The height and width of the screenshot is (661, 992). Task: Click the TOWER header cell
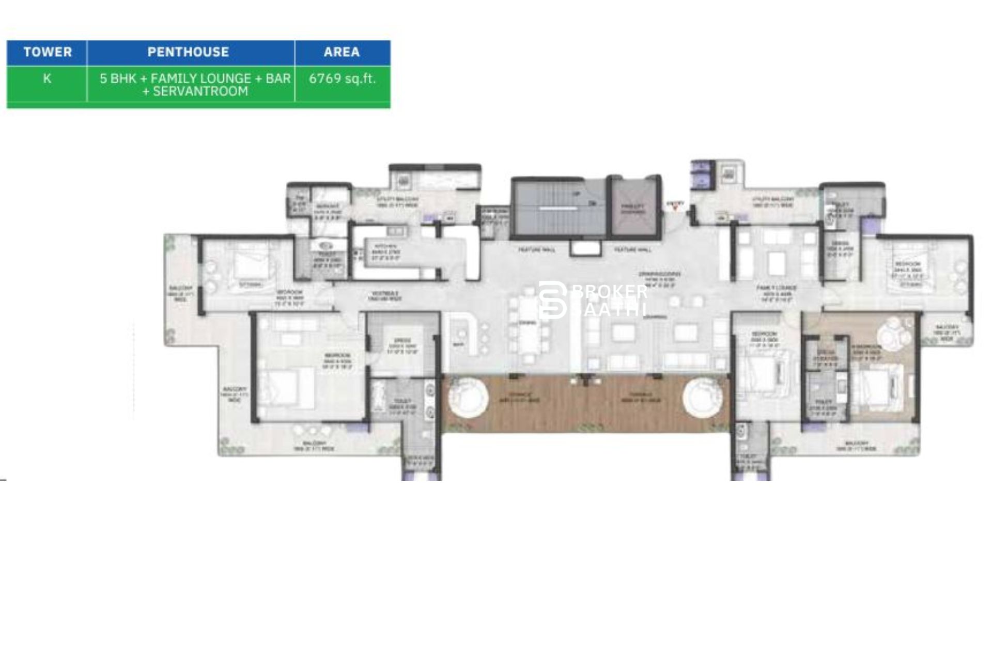tap(47, 52)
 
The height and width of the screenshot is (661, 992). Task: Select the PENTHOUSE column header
tap(188, 52)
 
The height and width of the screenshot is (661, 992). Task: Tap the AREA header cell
tap(342, 52)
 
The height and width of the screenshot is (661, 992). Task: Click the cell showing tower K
tap(47, 78)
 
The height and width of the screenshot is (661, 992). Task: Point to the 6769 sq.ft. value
tap(342, 78)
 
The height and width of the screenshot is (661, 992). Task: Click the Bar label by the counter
tap(458, 344)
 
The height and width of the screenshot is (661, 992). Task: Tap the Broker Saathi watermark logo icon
tap(552, 300)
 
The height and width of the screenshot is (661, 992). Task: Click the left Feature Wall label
tap(537, 250)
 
